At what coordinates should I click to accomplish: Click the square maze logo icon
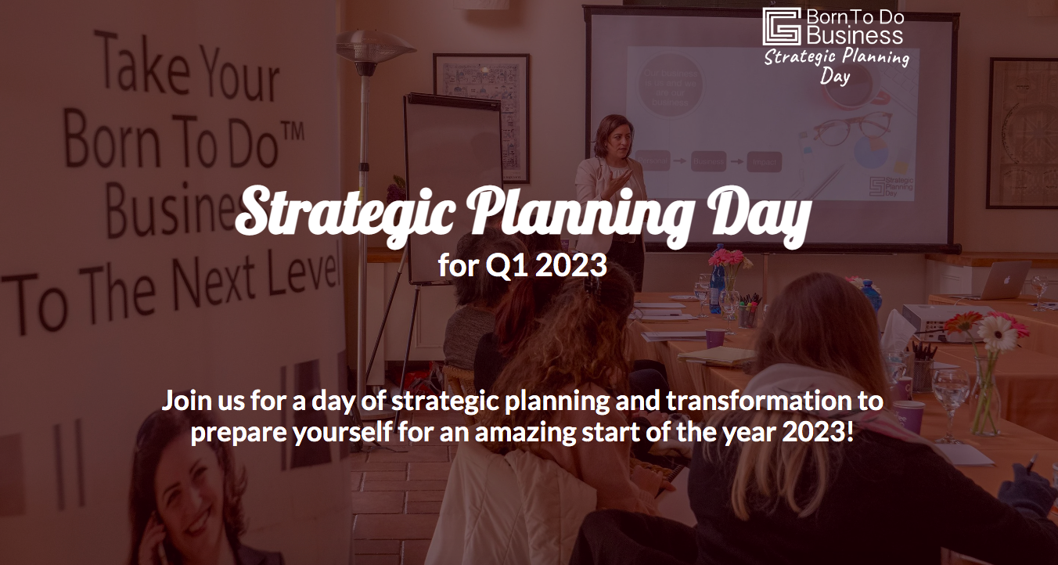point(782,27)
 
